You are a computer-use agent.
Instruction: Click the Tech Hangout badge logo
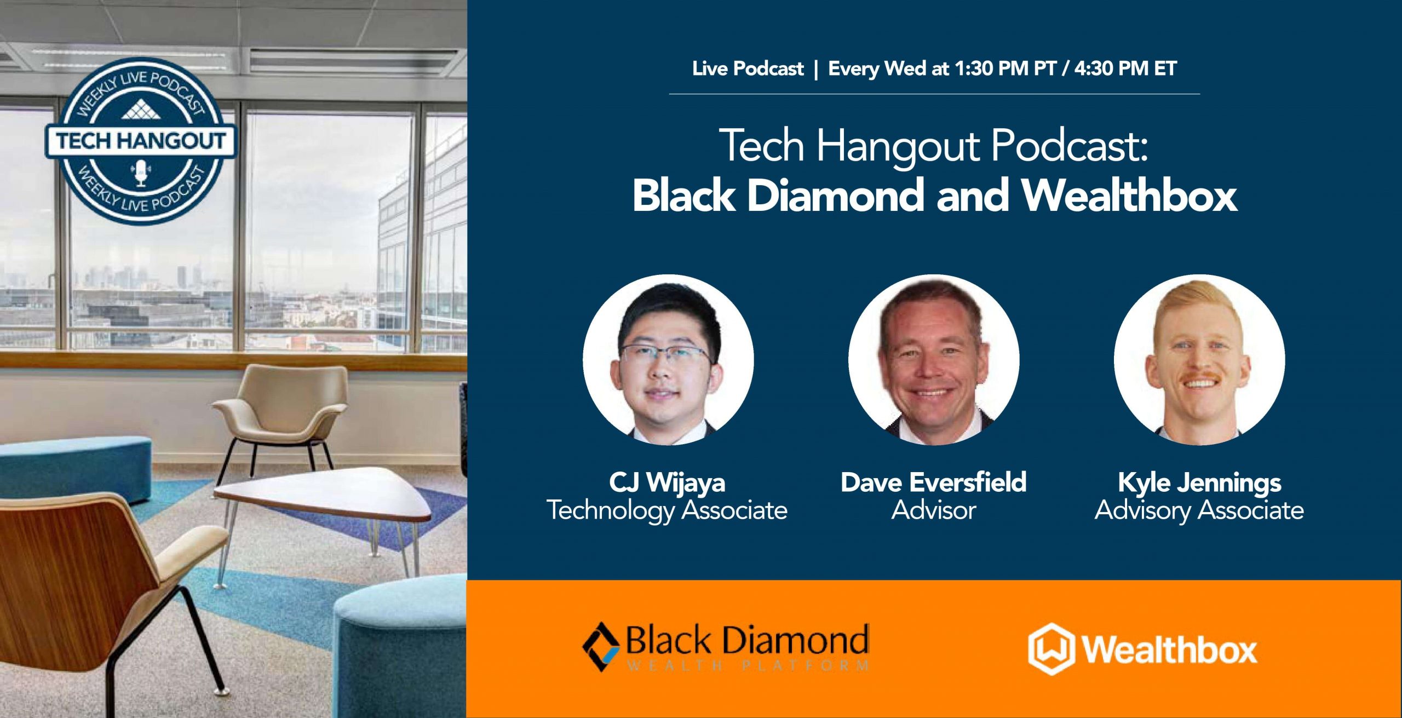[140, 141]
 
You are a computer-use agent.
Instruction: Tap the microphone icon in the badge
[141, 173]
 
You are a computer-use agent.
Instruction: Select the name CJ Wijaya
[667, 483]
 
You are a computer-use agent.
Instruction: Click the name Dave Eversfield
[934, 483]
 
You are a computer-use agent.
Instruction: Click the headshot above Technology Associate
[668, 360]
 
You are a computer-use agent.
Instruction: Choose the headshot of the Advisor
[934, 360]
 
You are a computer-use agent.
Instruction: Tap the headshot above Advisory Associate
[1199, 360]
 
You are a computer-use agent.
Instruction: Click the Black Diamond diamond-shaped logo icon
[601, 647]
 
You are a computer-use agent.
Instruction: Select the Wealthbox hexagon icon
[1051, 649]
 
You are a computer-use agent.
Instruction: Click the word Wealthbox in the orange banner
[1169, 650]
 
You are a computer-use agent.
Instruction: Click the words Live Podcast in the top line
[748, 68]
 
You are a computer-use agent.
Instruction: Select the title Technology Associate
[667, 510]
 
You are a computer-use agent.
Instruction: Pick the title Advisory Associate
[1199, 510]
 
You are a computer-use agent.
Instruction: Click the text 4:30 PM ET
[1125, 68]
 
